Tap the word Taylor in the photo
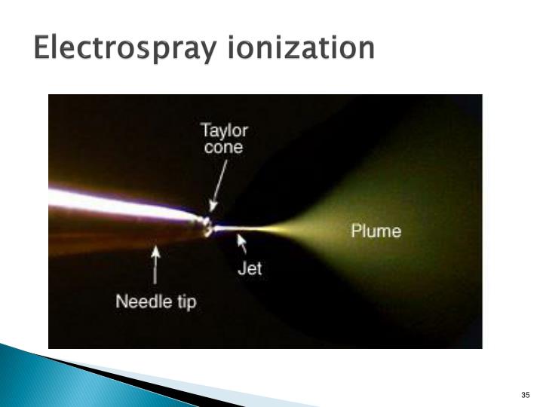coord(224,130)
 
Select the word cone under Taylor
coord(224,148)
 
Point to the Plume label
coord(376,230)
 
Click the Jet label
coord(250,268)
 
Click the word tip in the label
coord(186,304)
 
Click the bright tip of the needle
coord(205,225)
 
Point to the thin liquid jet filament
coord(241,227)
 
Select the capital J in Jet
coord(241,268)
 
